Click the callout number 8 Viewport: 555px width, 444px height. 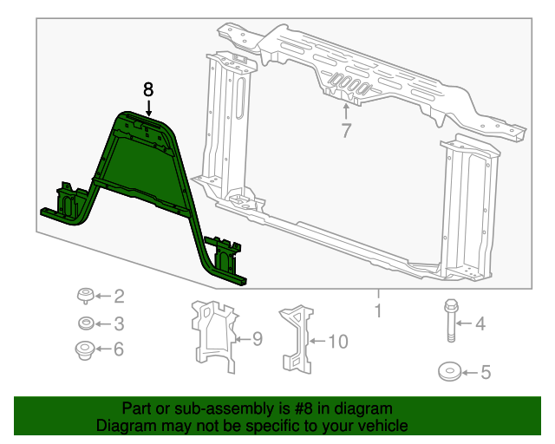pos(148,88)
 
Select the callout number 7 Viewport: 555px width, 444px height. pos(346,131)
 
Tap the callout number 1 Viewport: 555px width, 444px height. pos(378,310)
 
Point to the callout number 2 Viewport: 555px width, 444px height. pos(119,297)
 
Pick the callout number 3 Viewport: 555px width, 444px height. pos(119,324)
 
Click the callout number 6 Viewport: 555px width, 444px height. pos(119,349)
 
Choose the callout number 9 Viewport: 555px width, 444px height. pos(256,339)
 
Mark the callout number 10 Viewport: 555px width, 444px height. pos(337,342)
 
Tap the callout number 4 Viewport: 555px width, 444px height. pos(479,324)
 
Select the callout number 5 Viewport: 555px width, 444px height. pos(485,373)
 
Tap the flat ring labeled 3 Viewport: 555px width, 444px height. pos(87,324)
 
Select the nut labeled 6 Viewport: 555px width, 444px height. pos(86,351)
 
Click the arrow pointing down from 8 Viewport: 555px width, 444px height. pos(148,108)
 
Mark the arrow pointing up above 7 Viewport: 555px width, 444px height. pos(346,111)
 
